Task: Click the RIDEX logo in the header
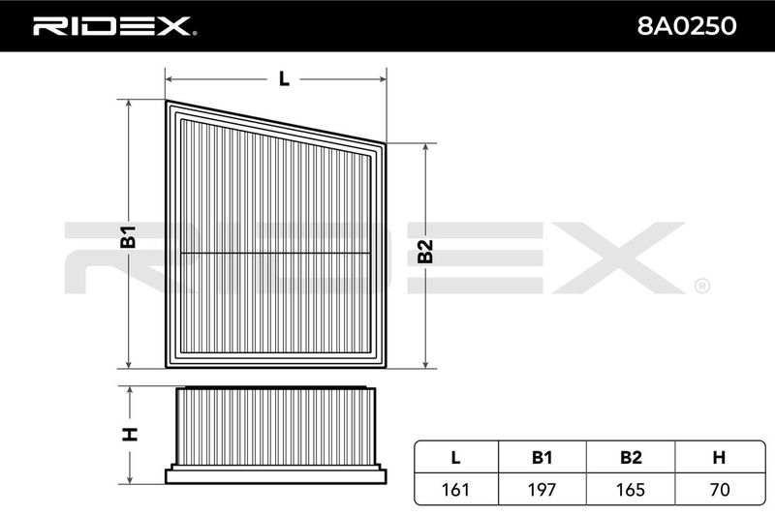(114, 26)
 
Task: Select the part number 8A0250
(687, 26)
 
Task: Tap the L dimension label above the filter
(284, 79)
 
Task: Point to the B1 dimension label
(129, 236)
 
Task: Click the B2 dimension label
(425, 252)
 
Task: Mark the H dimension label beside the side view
(130, 434)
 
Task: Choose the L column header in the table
(455, 458)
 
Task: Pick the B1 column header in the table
(542, 458)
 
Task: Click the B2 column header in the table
(631, 458)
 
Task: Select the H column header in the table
(719, 458)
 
